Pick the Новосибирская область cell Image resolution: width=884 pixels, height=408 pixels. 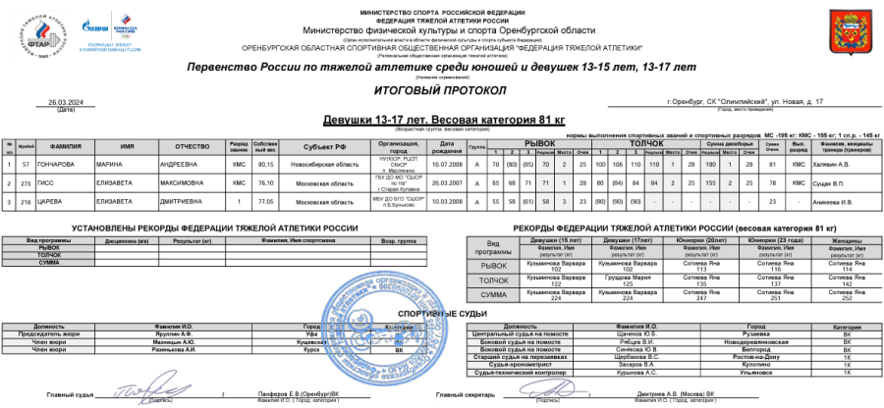tap(304, 164)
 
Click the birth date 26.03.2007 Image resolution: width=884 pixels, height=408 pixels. tap(445, 182)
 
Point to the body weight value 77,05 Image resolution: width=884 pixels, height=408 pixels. tap(264, 200)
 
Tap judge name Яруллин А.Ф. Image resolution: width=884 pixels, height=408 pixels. tap(172, 334)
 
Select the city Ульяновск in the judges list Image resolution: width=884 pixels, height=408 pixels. tap(756, 374)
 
